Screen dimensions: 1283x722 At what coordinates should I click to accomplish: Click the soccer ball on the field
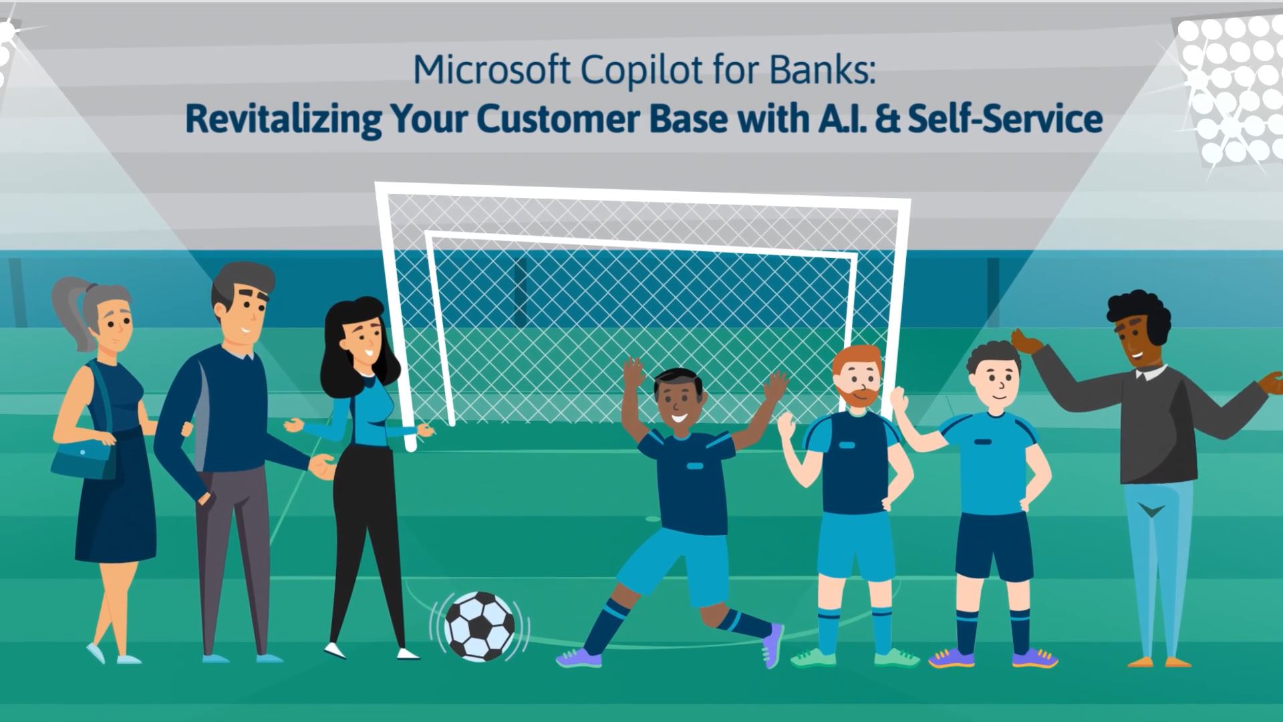480,626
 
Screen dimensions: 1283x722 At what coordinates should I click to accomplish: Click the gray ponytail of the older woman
69,314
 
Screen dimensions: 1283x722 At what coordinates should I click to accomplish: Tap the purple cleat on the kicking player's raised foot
772,645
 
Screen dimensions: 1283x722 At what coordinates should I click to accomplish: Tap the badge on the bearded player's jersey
847,445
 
